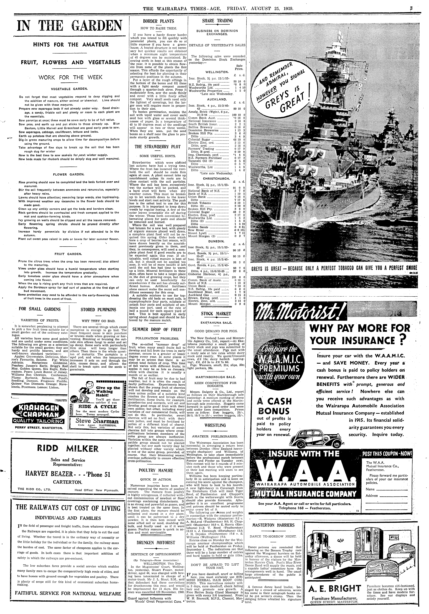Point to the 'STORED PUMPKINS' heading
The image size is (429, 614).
tap(98, 310)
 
